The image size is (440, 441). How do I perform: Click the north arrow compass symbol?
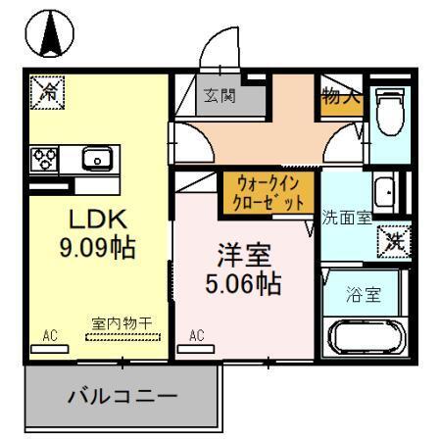click(x=48, y=37)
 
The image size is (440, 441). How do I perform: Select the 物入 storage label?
click(x=340, y=96)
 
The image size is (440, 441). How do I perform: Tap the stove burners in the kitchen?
click(x=46, y=159)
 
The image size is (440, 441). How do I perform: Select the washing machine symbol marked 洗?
click(x=395, y=238)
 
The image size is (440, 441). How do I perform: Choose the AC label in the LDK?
click(x=50, y=336)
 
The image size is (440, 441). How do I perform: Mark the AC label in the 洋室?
click(x=196, y=336)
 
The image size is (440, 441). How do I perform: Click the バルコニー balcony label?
click(x=122, y=397)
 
